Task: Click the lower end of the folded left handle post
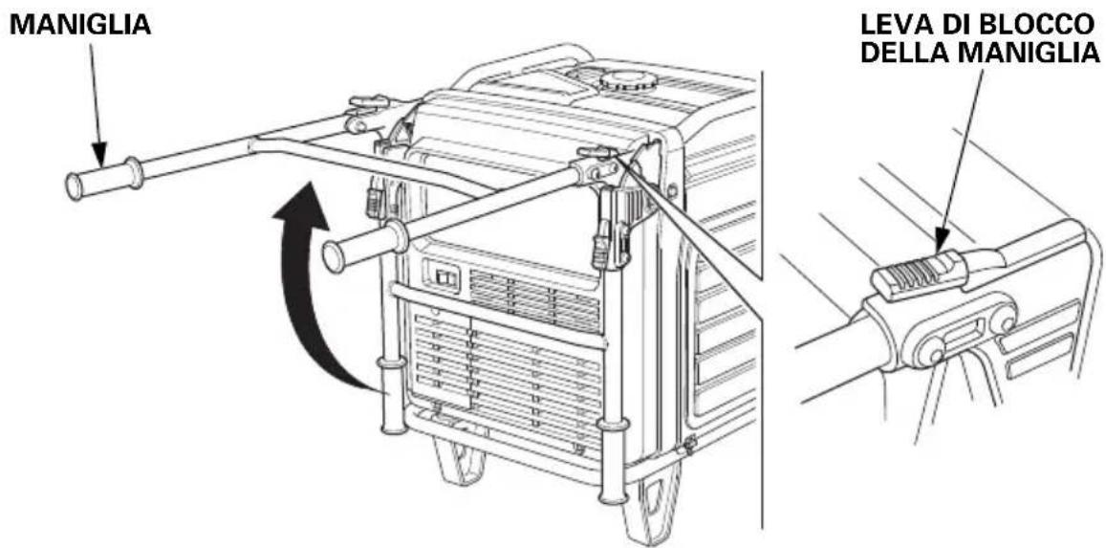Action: click(392, 426)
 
